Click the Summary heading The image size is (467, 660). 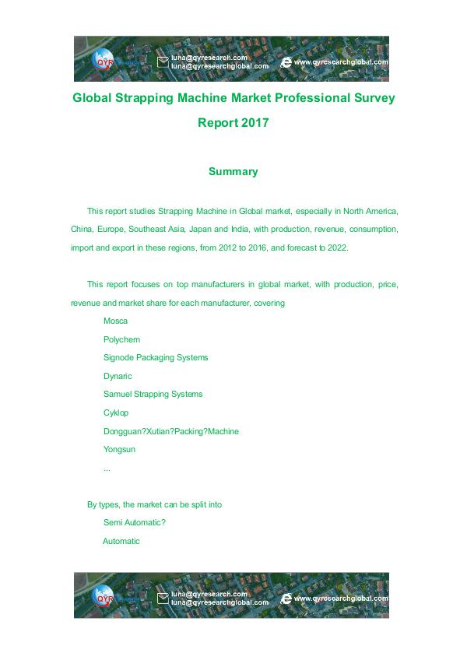point(233,171)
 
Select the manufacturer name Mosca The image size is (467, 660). point(115,321)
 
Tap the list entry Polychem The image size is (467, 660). point(121,339)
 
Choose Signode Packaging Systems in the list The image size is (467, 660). point(156,357)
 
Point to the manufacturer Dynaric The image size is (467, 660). point(118,376)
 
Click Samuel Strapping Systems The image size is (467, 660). point(153,394)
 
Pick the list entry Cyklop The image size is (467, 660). point(116,412)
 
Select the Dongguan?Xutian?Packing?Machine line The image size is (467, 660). point(171,431)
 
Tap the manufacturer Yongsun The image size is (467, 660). point(119,449)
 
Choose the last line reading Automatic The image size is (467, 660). point(121,541)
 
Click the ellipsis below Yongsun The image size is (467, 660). point(107,468)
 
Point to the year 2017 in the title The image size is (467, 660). point(255,122)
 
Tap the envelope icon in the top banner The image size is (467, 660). point(163,61)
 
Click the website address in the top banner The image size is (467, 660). point(341,62)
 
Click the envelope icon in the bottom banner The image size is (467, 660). point(163,598)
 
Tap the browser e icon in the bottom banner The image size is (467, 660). point(286,598)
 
